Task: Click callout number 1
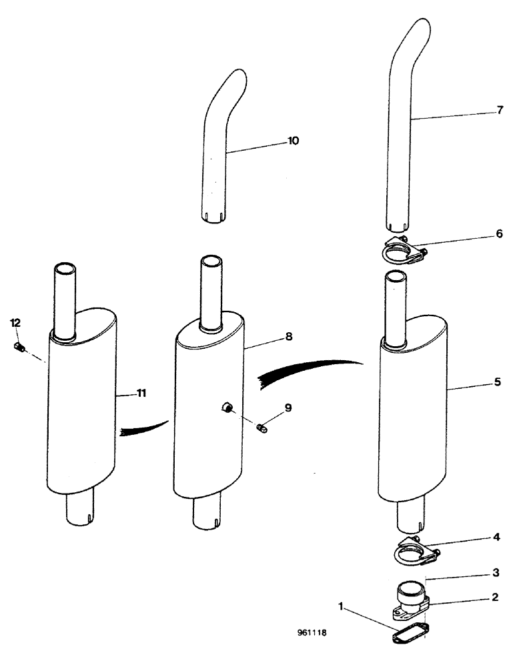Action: tap(342, 608)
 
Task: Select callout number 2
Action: tap(495, 598)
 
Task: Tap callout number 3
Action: tap(495, 572)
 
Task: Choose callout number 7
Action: tap(500, 110)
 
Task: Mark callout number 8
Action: tap(288, 337)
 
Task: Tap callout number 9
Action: tap(288, 407)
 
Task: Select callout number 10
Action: tap(294, 141)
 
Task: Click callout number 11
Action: tap(141, 394)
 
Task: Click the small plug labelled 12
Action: tap(19, 346)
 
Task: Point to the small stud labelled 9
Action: tap(262, 428)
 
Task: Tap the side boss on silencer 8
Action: tap(226, 407)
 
